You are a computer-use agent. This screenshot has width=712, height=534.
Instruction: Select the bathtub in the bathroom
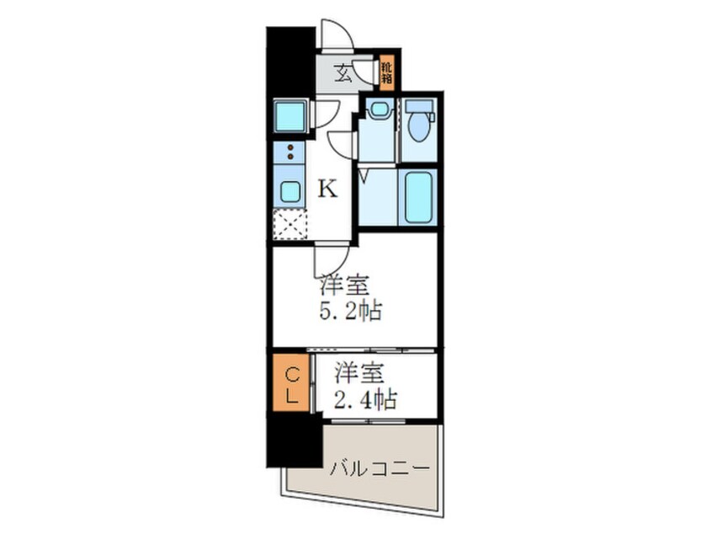[x=417, y=197]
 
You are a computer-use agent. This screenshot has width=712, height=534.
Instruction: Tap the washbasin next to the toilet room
[x=379, y=109]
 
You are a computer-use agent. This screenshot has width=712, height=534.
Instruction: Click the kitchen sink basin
[x=290, y=191]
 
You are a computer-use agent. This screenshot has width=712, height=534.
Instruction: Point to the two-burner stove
[x=290, y=152]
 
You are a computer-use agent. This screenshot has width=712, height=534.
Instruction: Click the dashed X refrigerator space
[x=290, y=224]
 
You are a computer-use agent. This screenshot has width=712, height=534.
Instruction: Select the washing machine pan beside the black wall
[x=289, y=116]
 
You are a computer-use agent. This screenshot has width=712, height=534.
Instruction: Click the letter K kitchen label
[x=327, y=190]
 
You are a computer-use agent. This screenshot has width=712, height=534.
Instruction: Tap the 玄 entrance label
[x=344, y=73]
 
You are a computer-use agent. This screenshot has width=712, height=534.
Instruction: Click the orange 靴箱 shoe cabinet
[x=386, y=72]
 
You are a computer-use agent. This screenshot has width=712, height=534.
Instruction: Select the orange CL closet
[x=290, y=385]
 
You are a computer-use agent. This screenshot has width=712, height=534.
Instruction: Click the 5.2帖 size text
[x=349, y=312]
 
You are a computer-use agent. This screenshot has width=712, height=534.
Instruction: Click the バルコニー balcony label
[x=380, y=467]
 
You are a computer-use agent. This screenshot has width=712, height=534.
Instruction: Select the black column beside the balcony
[x=294, y=440]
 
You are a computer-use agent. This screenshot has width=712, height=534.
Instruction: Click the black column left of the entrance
[x=290, y=61]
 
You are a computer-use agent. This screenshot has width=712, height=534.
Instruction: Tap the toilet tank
[x=418, y=107]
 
